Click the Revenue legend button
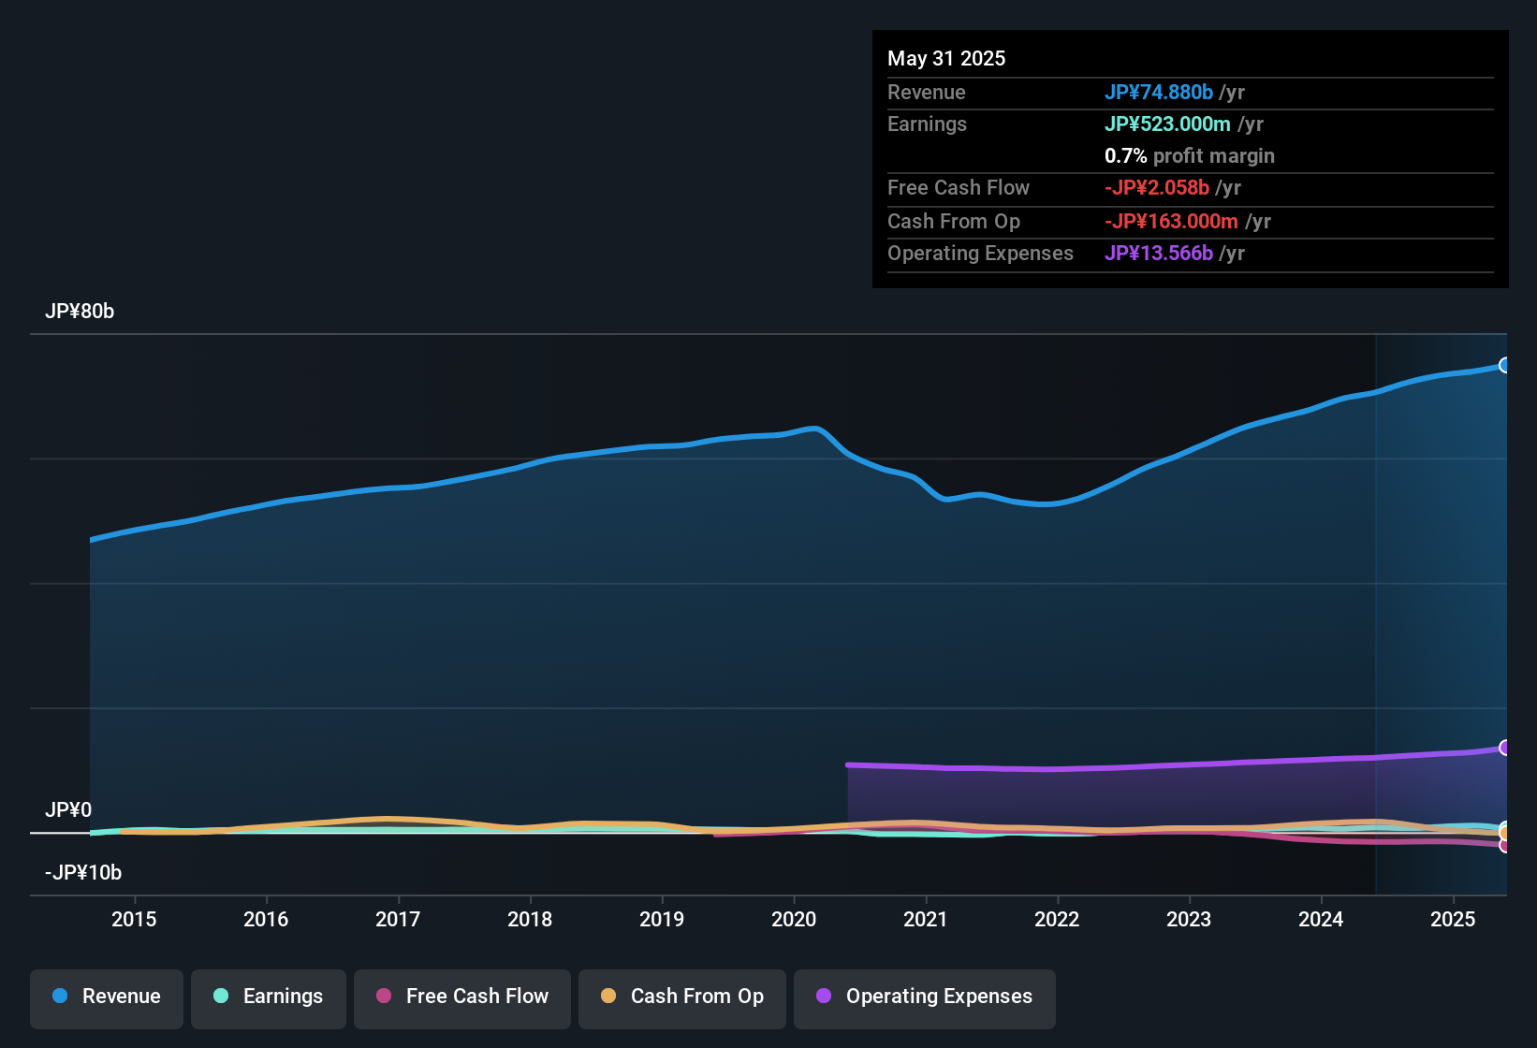pos(107,997)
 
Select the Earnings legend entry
pos(269,997)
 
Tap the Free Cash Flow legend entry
pos(462,997)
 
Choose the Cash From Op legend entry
pos(682,997)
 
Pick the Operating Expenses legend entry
pos(925,997)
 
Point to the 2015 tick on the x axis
pos(134,919)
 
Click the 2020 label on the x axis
pos(794,919)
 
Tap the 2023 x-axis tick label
pos(1189,919)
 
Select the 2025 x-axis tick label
pos(1453,919)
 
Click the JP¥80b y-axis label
pos(80,312)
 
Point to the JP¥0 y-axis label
pos(68,810)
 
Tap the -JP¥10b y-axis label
pos(83,873)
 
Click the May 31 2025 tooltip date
pos(946,59)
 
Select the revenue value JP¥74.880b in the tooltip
pos(1159,93)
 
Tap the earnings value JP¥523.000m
pos(1167,124)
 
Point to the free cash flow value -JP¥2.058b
pos(1157,188)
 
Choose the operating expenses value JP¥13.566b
pos(1159,254)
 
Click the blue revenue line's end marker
pos(1504,365)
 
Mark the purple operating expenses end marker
pos(1504,748)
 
